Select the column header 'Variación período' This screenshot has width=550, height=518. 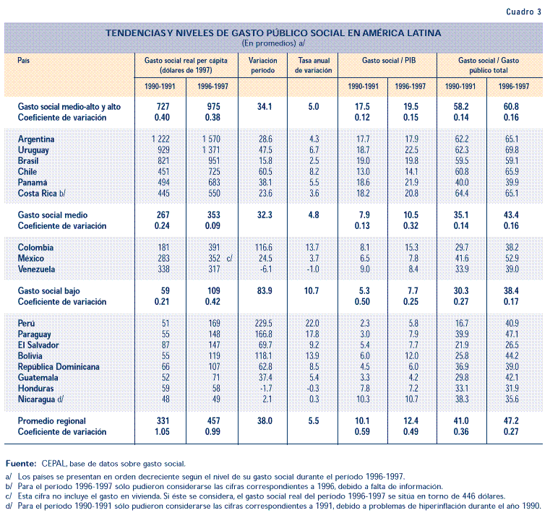[264, 66]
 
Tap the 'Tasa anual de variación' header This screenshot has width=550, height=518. [314, 66]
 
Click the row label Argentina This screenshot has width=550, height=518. [37, 139]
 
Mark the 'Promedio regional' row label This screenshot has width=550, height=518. [52, 421]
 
